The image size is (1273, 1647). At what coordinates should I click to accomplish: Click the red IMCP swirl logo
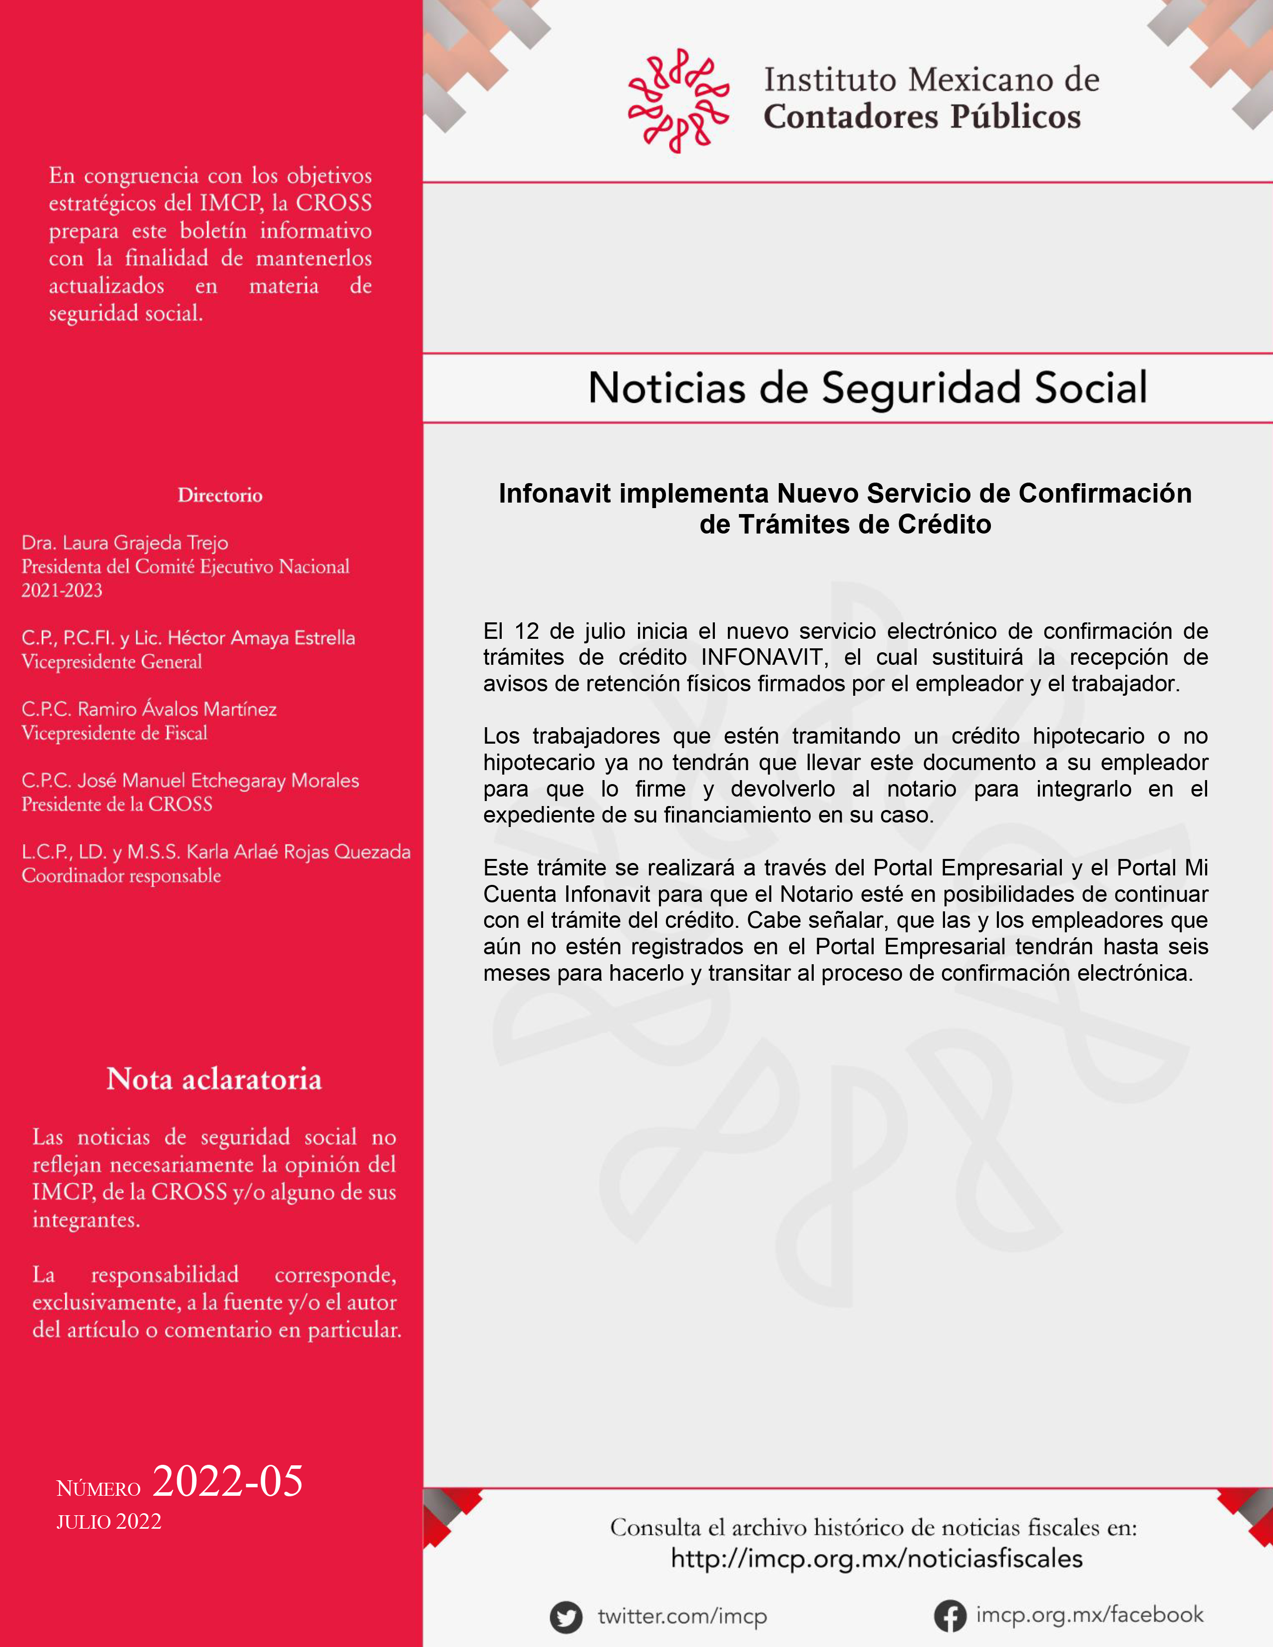click(x=678, y=100)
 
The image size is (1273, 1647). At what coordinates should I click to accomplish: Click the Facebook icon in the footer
click(x=950, y=1616)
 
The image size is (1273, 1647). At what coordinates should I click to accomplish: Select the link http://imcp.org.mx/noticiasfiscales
click(x=876, y=1559)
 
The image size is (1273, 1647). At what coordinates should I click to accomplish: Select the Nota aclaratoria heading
click(x=214, y=1079)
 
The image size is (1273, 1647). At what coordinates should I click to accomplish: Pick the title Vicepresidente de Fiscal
click(x=115, y=733)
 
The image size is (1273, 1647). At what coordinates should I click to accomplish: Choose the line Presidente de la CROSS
click(x=117, y=805)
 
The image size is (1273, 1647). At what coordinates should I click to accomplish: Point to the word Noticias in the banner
click(x=666, y=388)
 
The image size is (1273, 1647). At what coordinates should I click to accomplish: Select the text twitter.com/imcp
click(x=682, y=1617)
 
